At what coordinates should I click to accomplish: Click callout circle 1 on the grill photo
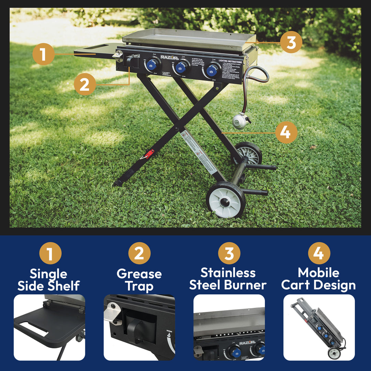click(43, 54)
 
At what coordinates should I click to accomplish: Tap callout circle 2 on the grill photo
click(85, 85)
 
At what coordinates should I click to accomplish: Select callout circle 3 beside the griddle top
click(291, 43)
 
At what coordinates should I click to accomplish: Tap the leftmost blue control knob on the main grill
click(152, 65)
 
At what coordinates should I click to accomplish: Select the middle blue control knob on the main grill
click(180, 67)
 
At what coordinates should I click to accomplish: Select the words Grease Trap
click(139, 280)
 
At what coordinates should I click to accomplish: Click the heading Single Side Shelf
click(48, 280)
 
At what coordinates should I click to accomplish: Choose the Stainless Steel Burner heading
click(228, 279)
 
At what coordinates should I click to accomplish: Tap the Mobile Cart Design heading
click(318, 279)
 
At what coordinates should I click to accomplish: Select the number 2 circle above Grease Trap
click(139, 253)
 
